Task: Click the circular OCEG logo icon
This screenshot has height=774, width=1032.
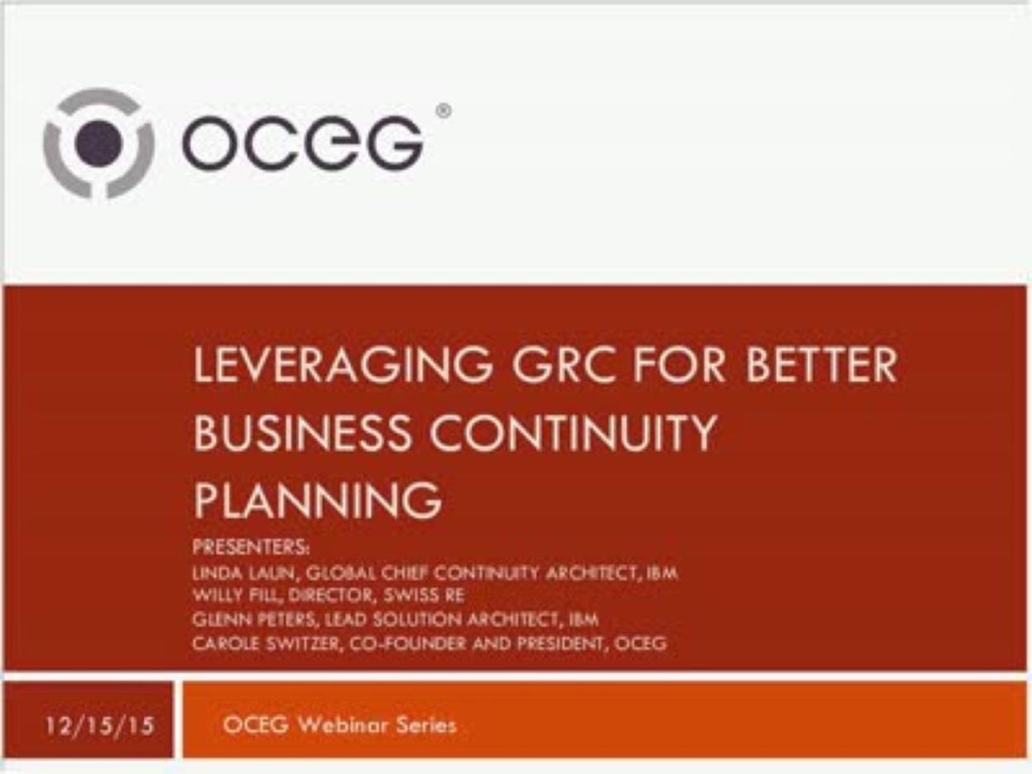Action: (x=99, y=143)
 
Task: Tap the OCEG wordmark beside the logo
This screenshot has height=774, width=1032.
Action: (x=303, y=143)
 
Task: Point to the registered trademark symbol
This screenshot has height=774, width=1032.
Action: (x=443, y=111)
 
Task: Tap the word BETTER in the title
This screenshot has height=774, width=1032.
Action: (x=821, y=366)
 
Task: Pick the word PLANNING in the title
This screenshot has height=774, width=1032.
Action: (x=317, y=500)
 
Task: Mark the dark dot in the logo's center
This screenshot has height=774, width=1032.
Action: (x=99, y=143)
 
